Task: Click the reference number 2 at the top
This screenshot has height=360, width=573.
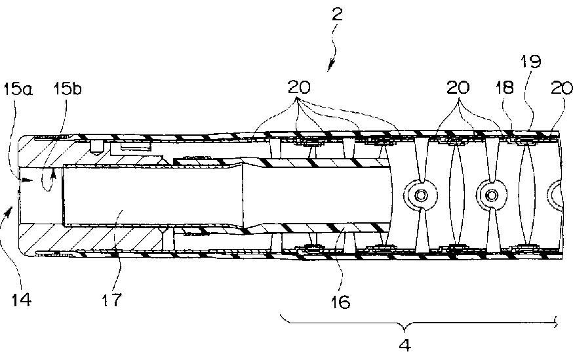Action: click(x=338, y=14)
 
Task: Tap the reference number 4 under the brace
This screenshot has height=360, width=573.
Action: click(x=405, y=346)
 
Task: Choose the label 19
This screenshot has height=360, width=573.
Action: click(x=532, y=62)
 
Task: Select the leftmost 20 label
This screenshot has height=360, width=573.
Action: click(x=297, y=87)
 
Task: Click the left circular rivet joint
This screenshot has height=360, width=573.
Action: click(x=418, y=194)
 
